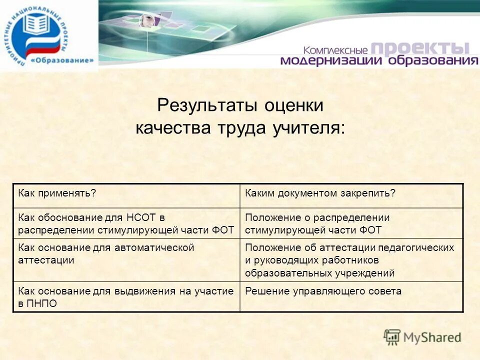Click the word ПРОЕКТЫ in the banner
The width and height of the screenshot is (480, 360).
click(420, 48)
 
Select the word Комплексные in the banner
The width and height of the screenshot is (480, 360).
click(334, 50)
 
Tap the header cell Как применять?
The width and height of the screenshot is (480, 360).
click(57, 193)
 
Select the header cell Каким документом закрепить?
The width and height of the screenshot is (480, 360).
click(320, 193)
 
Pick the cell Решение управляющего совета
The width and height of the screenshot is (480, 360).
click(323, 291)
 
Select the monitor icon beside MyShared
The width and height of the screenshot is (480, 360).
click(392, 336)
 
